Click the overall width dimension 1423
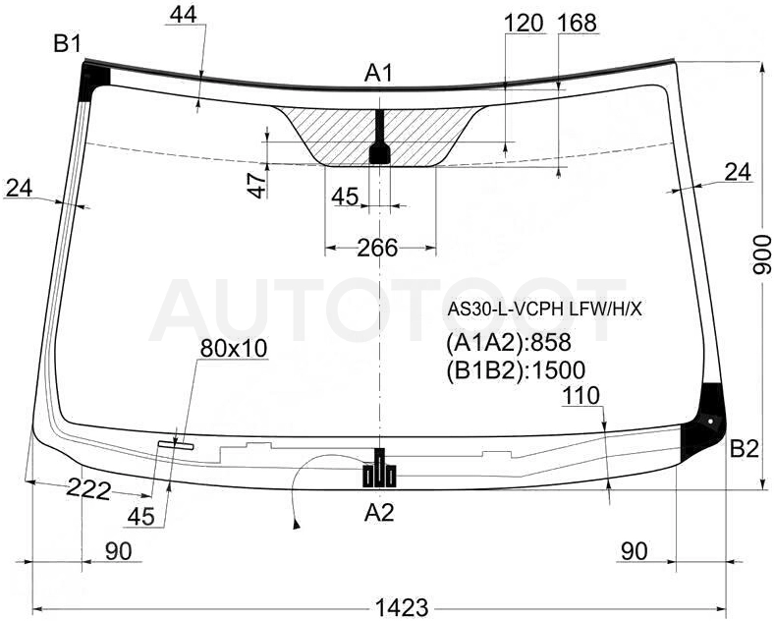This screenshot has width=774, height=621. pyautogui.click(x=402, y=606)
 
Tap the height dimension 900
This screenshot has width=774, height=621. pyautogui.click(x=761, y=255)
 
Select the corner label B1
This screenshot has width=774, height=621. pyautogui.click(x=67, y=44)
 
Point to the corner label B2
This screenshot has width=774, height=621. pyautogui.click(x=744, y=449)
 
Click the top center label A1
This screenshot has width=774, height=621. pyautogui.click(x=378, y=74)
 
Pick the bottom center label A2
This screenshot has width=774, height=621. pyautogui.click(x=379, y=513)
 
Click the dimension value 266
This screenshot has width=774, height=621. pyautogui.click(x=377, y=248)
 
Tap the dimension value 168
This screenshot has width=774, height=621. pyautogui.click(x=577, y=23)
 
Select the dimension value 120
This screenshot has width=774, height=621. pyautogui.click(x=524, y=23)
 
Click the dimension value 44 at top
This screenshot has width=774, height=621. pyautogui.click(x=183, y=15)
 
